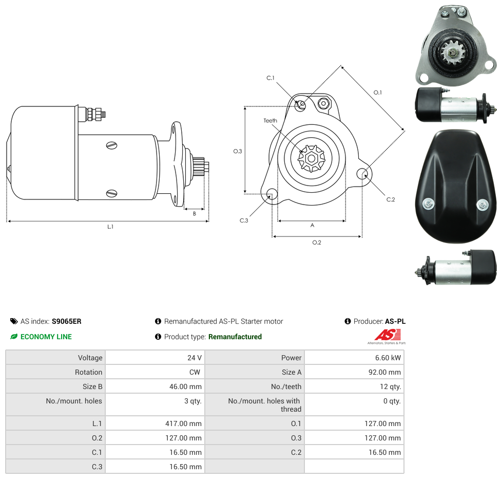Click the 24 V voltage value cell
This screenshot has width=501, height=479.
(x=194, y=358)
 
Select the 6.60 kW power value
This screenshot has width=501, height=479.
(x=388, y=358)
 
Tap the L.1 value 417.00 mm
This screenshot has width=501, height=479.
(x=183, y=423)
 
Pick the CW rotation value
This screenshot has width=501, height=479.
(x=195, y=372)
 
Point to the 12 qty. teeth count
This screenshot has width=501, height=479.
(x=390, y=386)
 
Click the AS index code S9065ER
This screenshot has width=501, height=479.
(x=66, y=321)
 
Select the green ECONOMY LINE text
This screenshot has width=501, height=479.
(x=46, y=337)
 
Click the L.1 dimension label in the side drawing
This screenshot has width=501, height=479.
(x=110, y=227)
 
